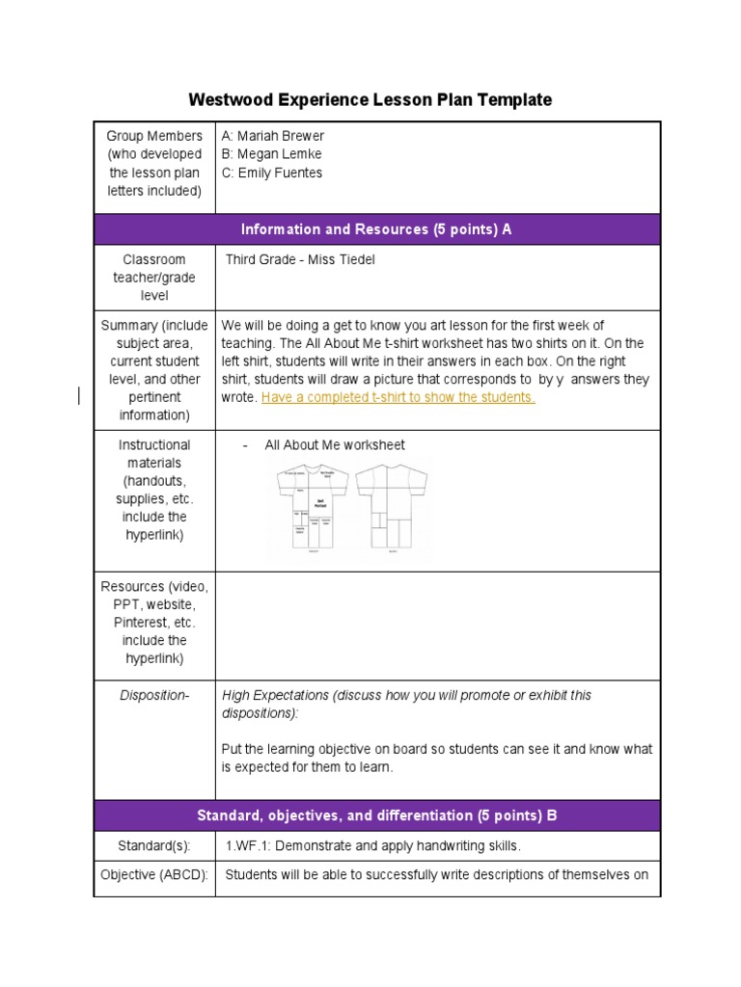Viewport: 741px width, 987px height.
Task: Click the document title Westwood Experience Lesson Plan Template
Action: pyautogui.click(x=370, y=99)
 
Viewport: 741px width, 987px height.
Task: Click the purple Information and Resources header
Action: pyautogui.click(x=376, y=229)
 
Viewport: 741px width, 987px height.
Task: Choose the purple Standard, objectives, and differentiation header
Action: pyautogui.click(x=376, y=815)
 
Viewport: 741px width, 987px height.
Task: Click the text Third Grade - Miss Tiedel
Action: pyautogui.click(x=300, y=259)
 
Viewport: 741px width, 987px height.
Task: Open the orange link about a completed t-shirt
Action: pyautogui.click(x=398, y=397)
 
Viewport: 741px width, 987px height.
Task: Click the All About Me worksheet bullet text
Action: pyautogui.click(x=334, y=445)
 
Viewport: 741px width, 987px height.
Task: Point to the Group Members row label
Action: pyautogui.click(x=154, y=163)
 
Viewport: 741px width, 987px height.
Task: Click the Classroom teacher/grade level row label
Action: pyautogui.click(x=154, y=278)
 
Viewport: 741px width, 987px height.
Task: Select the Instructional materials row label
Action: pyautogui.click(x=154, y=490)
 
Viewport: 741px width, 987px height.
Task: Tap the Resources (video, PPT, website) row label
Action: pyautogui.click(x=154, y=623)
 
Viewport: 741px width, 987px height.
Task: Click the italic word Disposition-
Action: pyautogui.click(x=154, y=695)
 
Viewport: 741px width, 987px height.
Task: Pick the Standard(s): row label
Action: pyautogui.click(x=154, y=845)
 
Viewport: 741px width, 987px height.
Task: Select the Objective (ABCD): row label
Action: pyautogui.click(x=154, y=875)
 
